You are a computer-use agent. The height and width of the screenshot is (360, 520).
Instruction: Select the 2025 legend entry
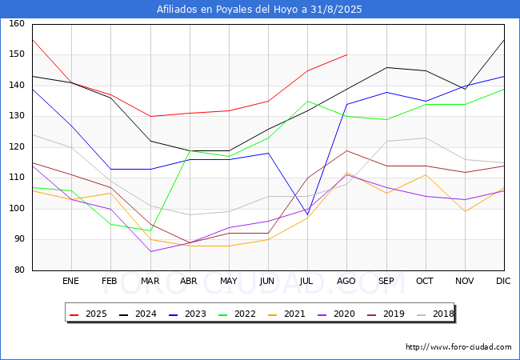point(88,314)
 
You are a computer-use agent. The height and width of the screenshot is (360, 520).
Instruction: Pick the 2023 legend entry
point(187,314)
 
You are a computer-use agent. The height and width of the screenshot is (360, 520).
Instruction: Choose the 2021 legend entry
point(286,314)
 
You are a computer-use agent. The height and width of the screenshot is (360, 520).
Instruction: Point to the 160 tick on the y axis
point(17,23)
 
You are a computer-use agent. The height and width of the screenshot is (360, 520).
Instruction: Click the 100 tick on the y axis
point(17,209)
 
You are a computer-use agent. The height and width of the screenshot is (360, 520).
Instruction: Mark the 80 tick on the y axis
point(19,270)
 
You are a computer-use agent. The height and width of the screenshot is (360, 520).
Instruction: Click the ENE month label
point(70,281)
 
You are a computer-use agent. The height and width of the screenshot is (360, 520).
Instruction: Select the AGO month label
point(346,281)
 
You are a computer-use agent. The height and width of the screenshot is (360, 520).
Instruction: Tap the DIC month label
point(503,281)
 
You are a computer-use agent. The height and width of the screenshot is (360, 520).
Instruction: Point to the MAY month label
point(229,281)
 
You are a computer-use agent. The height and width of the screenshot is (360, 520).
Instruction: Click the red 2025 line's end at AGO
point(347,54)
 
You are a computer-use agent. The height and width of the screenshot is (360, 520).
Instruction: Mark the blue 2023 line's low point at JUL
point(308,215)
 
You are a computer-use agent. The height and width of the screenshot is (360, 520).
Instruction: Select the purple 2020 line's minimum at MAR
point(151,252)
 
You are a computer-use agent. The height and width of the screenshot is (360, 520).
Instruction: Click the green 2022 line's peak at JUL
point(308,101)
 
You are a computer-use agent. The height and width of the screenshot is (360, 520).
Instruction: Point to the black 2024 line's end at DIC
point(504,40)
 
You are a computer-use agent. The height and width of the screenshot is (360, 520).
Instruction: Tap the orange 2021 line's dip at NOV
point(465,211)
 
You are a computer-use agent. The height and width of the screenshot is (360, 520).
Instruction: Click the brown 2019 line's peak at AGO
point(347,150)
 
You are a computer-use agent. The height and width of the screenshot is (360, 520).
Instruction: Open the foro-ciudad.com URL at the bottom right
point(458,347)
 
